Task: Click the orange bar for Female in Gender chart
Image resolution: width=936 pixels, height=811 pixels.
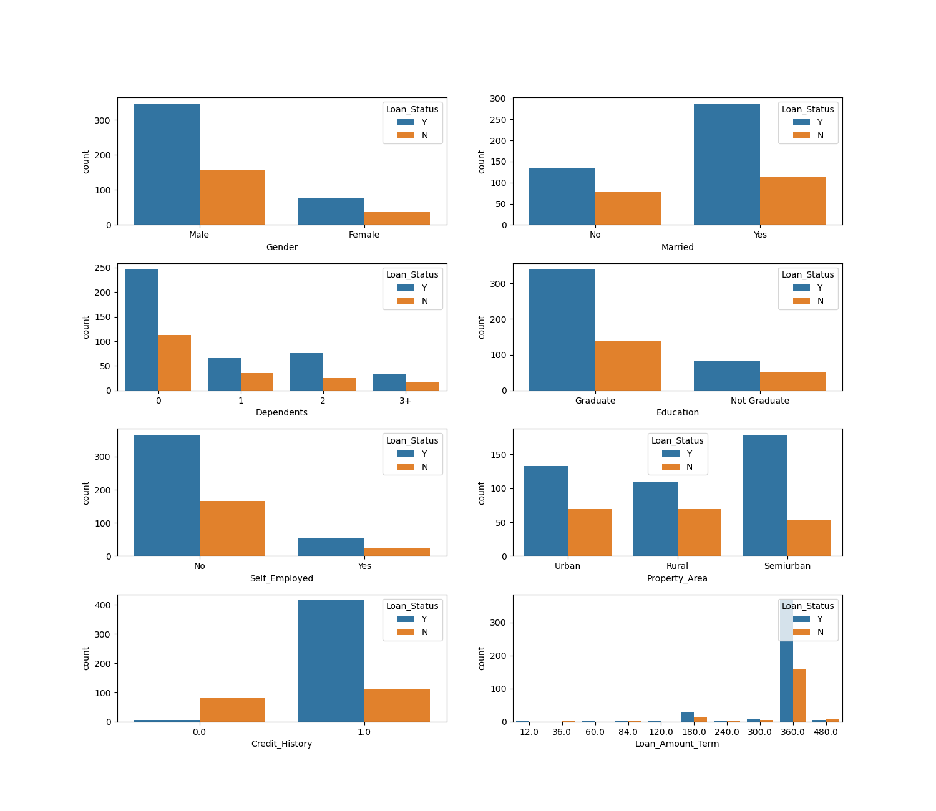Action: [x=397, y=218]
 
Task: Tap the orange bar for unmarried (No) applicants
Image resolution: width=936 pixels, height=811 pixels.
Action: [x=628, y=208]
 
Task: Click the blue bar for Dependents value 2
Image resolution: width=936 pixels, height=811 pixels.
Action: [x=306, y=372]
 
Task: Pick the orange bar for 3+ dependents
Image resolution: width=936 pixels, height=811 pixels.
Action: [x=422, y=386]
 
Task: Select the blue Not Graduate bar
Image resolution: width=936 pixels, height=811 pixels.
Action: [x=726, y=376]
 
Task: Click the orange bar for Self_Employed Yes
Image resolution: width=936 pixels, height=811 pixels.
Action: [x=397, y=551]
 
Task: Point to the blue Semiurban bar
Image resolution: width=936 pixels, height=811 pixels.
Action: [x=765, y=495]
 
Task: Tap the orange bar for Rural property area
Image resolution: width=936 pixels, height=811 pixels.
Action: [x=699, y=532]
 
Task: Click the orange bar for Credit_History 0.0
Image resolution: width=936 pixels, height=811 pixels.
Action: [x=232, y=710]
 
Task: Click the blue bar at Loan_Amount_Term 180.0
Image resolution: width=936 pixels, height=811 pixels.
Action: [x=687, y=717]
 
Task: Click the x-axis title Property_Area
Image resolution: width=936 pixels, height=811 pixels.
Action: [x=677, y=578]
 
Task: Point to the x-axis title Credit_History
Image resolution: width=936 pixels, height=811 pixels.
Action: [x=281, y=744]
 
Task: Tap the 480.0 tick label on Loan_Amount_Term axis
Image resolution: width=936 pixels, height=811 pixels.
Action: [x=826, y=732]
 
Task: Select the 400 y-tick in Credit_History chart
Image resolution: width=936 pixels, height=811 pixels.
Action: [x=103, y=605]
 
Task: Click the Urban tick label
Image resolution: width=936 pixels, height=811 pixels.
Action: [x=567, y=566]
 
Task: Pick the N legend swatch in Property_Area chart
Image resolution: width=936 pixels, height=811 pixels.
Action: [x=670, y=467]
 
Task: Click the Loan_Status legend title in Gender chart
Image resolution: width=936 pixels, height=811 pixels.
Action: [x=412, y=109]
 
